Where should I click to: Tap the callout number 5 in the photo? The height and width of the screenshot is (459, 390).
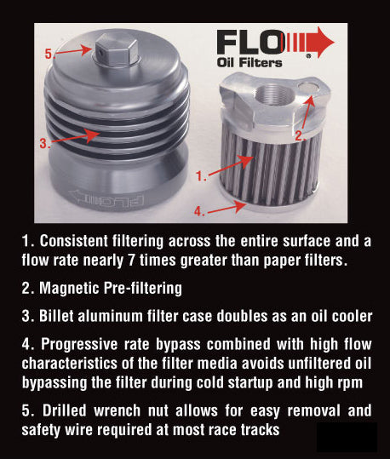click(x=49, y=54)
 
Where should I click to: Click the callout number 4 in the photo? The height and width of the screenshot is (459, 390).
click(x=199, y=209)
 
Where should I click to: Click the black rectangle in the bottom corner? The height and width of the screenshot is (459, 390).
click(x=347, y=437)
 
